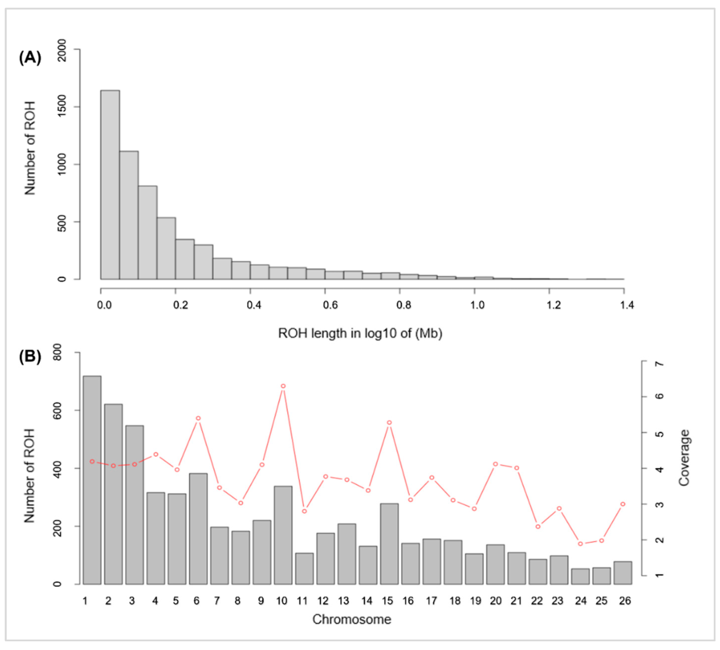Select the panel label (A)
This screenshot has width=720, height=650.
point(30,57)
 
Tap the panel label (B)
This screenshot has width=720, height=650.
point(30,356)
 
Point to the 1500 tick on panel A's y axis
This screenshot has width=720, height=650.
point(62,106)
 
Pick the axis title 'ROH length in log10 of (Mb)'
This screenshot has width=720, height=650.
point(360,333)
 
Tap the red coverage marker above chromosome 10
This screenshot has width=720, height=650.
point(283,386)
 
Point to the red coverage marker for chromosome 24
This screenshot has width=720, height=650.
point(581,544)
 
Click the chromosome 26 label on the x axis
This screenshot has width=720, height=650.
point(625,601)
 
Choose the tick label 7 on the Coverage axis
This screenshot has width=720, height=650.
point(660,364)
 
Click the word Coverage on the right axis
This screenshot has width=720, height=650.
point(684,458)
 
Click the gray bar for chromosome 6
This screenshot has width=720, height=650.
point(198,529)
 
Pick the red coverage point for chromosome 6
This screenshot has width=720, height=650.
point(198,418)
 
